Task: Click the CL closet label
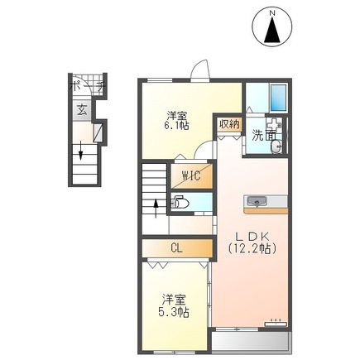tap(175, 247)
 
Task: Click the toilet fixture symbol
tap(181, 202)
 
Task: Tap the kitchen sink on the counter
tap(256, 201)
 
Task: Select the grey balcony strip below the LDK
tap(249, 342)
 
